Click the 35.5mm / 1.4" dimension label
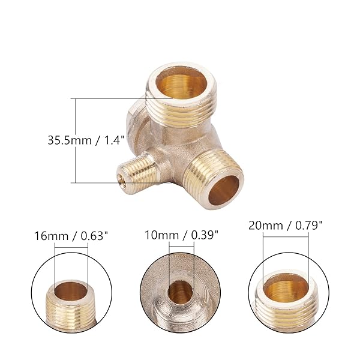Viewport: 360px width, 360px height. [86, 140]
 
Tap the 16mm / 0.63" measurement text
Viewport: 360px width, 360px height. [71, 236]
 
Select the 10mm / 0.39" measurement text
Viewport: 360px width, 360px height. [181, 235]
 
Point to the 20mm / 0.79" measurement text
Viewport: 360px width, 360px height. [286, 226]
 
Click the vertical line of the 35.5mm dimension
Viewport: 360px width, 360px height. [76, 141]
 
